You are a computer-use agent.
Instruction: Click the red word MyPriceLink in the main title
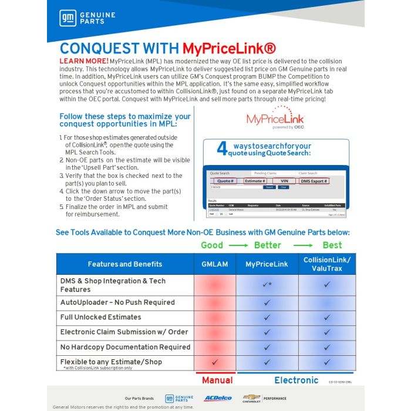pyautogui.click(x=229, y=48)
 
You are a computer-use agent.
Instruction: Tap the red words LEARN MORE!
pyautogui.click(x=83, y=61)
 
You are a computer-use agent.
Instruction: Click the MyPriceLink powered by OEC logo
pyautogui.click(x=275, y=120)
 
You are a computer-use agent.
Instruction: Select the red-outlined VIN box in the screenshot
pyautogui.click(x=284, y=181)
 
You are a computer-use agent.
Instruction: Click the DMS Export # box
pyautogui.click(x=314, y=181)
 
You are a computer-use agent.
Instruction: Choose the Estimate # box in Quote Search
pyautogui.click(x=255, y=181)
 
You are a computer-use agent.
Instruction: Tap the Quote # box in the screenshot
pyautogui.click(x=225, y=181)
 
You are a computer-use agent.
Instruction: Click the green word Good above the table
pyautogui.click(x=212, y=245)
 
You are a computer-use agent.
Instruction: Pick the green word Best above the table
pyautogui.click(x=332, y=245)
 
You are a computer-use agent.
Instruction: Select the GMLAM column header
pyautogui.click(x=214, y=264)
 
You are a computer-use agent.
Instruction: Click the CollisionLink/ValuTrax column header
pyautogui.click(x=327, y=264)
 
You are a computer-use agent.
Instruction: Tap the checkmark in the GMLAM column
pyautogui.click(x=214, y=362)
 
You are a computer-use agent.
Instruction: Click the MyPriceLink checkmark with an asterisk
pyautogui.click(x=267, y=285)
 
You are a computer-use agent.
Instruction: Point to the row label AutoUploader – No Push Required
pyautogui.click(x=117, y=302)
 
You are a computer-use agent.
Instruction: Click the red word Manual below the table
pyautogui.click(x=217, y=380)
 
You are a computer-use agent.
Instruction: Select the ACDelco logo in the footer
pyautogui.click(x=218, y=398)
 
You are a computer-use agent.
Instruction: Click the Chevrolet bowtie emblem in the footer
pyautogui.click(x=250, y=397)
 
